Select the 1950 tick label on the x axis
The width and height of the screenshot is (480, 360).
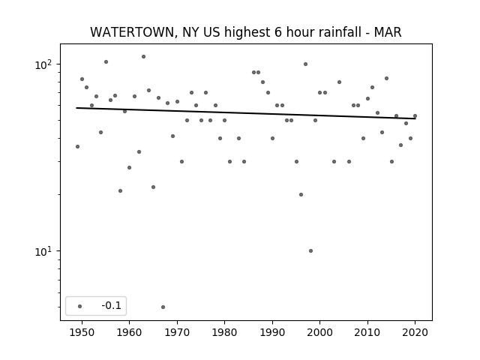pyautogui.click(x=82, y=332)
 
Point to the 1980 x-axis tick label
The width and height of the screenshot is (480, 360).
pyautogui.click(x=224, y=332)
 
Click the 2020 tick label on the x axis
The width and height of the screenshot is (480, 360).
pyautogui.click(x=415, y=332)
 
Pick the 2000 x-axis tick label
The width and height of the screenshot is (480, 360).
pyautogui.click(x=320, y=332)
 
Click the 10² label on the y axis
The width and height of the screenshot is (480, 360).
pyautogui.click(x=43, y=64)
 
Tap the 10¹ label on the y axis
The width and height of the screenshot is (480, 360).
pyautogui.click(x=43, y=251)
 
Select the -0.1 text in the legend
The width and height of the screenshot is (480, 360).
pyautogui.click(x=112, y=305)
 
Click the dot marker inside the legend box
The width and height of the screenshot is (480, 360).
pyautogui.click(x=80, y=306)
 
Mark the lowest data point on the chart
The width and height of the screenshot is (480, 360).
pyautogui.click(x=163, y=307)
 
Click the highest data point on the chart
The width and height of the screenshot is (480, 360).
pyautogui.click(x=143, y=57)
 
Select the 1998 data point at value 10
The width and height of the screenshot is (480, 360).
pyautogui.click(x=310, y=250)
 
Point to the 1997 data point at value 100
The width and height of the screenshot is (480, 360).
pyautogui.click(x=305, y=64)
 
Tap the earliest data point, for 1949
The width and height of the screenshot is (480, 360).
pyautogui.click(x=77, y=147)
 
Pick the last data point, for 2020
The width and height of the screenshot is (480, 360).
pyautogui.click(x=415, y=115)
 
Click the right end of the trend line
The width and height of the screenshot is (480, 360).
pyautogui.click(x=415, y=118)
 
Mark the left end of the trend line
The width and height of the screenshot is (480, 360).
pyautogui.click(x=76, y=108)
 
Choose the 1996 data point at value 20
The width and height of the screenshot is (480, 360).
pyautogui.click(x=301, y=194)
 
